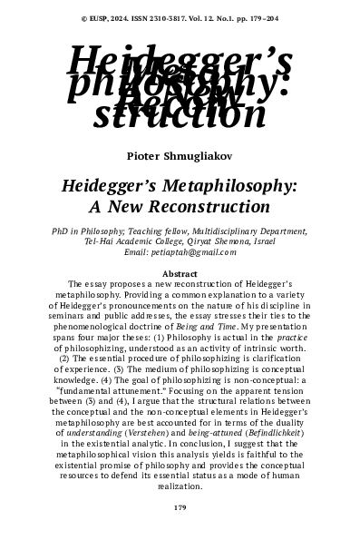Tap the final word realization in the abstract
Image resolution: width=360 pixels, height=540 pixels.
[180, 486]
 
